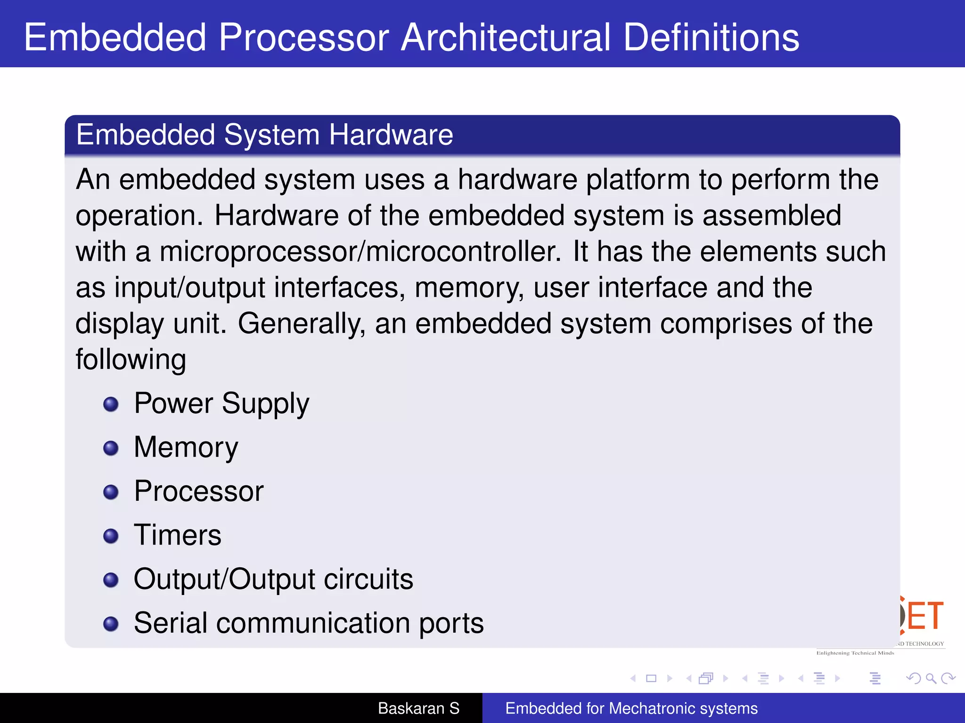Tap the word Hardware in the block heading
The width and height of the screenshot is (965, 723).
tap(391, 135)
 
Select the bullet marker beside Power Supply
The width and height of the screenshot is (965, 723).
tap(111, 404)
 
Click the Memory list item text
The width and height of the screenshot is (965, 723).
tap(186, 447)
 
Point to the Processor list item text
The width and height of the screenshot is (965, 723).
tap(198, 491)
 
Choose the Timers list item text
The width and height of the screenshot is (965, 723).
tap(177, 535)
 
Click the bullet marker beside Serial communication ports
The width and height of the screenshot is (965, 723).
tap(111, 624)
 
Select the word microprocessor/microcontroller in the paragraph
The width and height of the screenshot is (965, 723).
tap(360, 252)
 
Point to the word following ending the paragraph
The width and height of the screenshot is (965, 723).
tap(131, 360)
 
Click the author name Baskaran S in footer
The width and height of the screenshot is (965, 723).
tap(418, 708)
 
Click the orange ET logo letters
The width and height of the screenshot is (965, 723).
tap(924, 616)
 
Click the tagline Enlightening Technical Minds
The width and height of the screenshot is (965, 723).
tap(855, 653)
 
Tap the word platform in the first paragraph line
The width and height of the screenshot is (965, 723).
tap(638, 180)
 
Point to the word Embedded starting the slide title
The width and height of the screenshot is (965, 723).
tap(115, 38)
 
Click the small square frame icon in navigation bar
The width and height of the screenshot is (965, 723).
tap(651, 678)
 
